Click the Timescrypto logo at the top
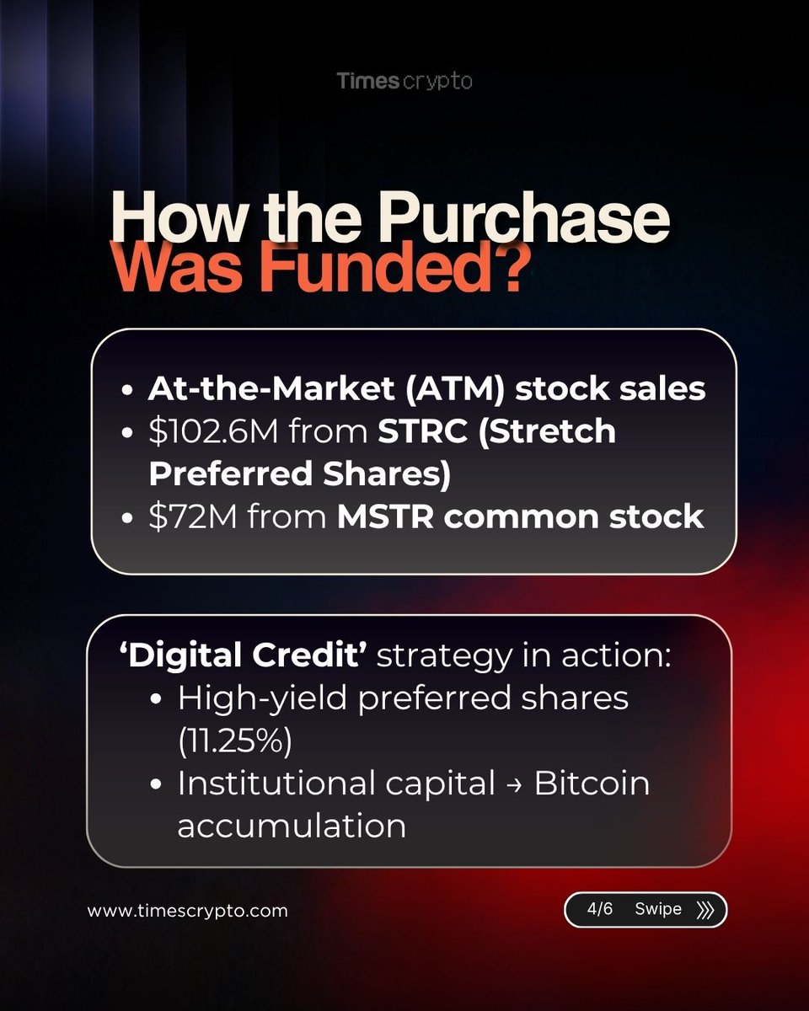(x=404, y=81)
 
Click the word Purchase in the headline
(x=525, y=218)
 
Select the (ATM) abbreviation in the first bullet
(x=455, y=389)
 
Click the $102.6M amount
(x=213, y=431)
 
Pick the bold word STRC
(x=422, y=431)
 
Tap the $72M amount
(x=193, y=516)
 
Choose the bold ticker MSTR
(x=385, y=516)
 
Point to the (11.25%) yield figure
(x=235, y=741)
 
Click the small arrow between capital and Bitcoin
(x=515, y=785)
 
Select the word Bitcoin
(x=592, y=784)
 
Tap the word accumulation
(x=292, y=826)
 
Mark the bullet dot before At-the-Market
(x=127, y=390)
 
